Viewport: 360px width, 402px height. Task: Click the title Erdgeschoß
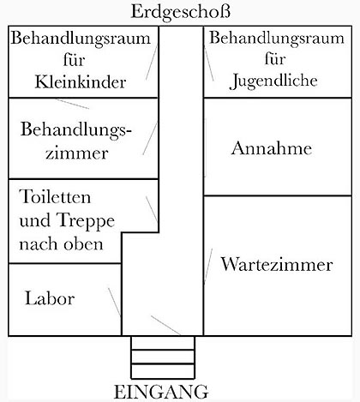(x=180, y=13)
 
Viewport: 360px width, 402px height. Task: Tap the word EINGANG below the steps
(x=161, y=392)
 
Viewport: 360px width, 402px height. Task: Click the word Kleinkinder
(x=81, y=82)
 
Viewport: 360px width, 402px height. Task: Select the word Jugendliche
(x=273, y=81)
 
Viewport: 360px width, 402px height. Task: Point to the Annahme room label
(x=272, y=148)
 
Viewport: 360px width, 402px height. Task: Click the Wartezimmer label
(x=277, y=264)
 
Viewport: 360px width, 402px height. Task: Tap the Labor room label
(x=50, y=298)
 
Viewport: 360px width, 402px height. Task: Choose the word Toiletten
(x=55, y=196)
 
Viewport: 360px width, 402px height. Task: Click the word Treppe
(x=86, y=221)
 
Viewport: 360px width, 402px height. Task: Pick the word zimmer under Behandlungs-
(x=77, y=153)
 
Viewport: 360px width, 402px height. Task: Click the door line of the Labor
(x=114, y=302)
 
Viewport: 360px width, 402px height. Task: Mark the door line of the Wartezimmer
(x=208, y=267)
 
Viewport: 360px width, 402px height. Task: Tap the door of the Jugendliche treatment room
(x=209, y=63)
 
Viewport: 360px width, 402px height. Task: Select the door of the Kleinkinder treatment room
(x=152, y=62)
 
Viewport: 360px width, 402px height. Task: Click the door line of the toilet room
(x=152, y=208)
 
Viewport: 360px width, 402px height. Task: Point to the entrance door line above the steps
(x=165, y=325)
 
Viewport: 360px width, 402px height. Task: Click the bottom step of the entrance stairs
(x=163, y=371)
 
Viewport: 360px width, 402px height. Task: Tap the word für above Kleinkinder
(x=75, y=60)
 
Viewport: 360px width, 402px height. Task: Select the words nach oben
(x=61, y=244)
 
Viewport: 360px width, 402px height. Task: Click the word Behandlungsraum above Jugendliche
(x=277, y=38)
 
